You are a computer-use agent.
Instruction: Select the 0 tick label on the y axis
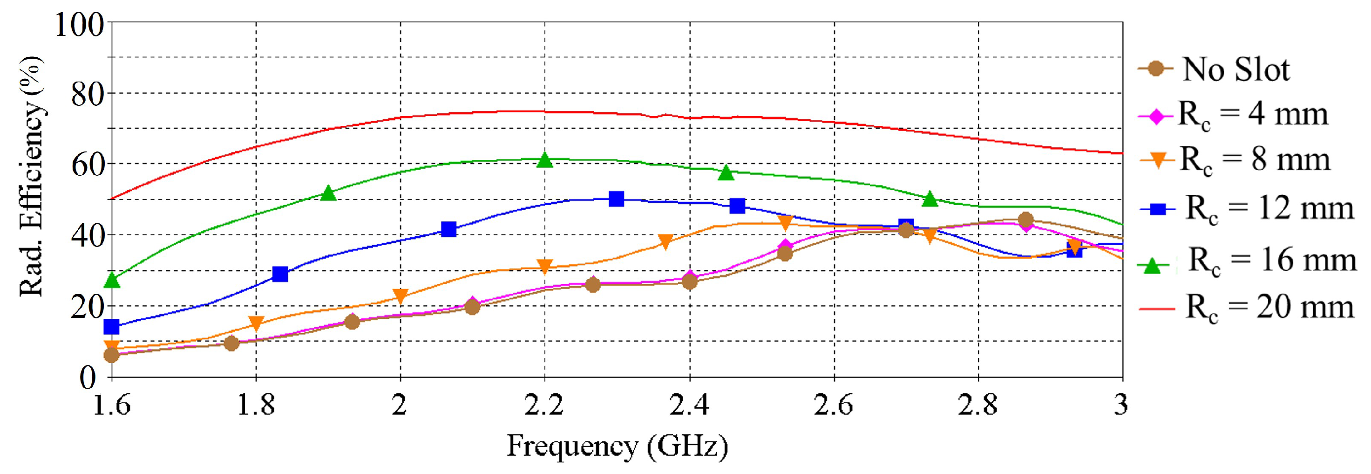click(88, 378)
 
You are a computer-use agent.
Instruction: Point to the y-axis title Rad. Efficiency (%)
click(31, 176)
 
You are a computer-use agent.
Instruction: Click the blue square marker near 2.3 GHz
click(616, 199)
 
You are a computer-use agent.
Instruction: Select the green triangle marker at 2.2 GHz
click(544, 160)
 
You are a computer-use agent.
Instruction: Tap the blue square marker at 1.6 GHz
click(111, 326)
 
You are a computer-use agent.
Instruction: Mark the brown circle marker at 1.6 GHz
click(111, 355)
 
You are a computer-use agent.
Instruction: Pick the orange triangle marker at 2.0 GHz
click(400, 296)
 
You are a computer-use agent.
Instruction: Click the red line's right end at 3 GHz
click(1121, 153)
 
